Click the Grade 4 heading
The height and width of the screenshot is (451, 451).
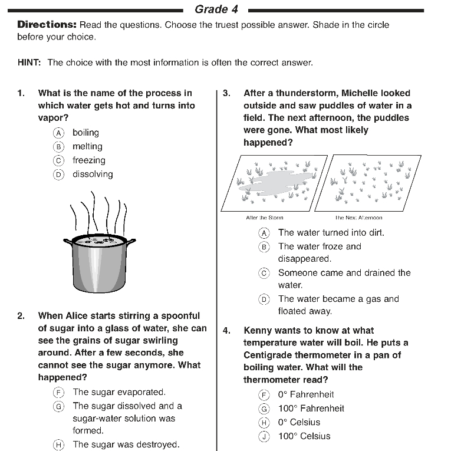(211, 9)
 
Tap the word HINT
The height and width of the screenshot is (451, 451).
(29, 62)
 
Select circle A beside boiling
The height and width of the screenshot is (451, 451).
(58, 133)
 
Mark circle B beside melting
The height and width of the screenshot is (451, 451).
(58, 147)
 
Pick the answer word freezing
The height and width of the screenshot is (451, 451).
(88, 160)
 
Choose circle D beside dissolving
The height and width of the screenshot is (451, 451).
(58, 175)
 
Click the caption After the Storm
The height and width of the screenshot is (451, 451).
(264, 218)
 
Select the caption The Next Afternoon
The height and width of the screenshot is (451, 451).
(358, 218)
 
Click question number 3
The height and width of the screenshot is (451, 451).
(226, 93)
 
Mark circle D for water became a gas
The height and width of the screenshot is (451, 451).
(264, 299)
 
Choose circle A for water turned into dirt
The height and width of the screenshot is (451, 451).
(264, 233)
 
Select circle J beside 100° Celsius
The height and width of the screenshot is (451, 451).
(264, 437)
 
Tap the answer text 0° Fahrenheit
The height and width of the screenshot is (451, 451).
(306, 394)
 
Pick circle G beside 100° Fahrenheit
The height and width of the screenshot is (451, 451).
(264, 409)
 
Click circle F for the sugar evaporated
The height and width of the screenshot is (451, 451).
(58, 392)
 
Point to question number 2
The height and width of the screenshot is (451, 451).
(21, 316)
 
